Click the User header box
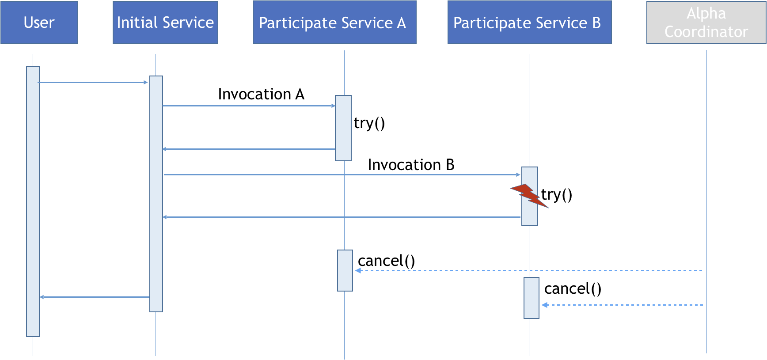(39, 22)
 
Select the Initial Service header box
(165, 22)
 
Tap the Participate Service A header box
(334, 22)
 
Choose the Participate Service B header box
(529, 22)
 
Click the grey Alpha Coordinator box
(706, 22)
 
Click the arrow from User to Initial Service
(93, 82)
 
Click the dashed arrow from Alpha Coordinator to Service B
(622, 305)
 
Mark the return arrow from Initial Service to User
(95, 297)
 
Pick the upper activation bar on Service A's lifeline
(343, 128)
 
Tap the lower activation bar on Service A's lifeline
(345, 270)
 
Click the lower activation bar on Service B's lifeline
(532, 298)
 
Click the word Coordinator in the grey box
(706, 32)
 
